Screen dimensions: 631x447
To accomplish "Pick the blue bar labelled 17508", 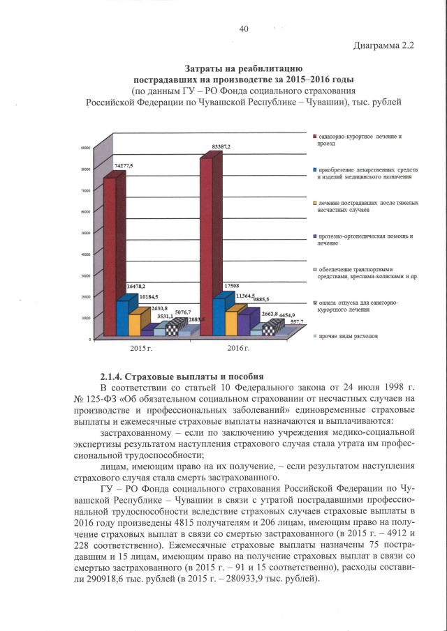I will click(x=219, y=314).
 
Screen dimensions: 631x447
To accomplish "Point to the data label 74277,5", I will click(x=123, y=165).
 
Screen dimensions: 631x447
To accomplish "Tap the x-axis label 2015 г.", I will click(x=142, y=347).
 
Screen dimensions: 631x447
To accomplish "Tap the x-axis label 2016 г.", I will click(x=240, y=347).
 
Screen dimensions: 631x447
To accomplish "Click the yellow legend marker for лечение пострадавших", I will click(x=315, y=203).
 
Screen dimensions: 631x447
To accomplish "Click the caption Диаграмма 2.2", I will click(x=384, y=47).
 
